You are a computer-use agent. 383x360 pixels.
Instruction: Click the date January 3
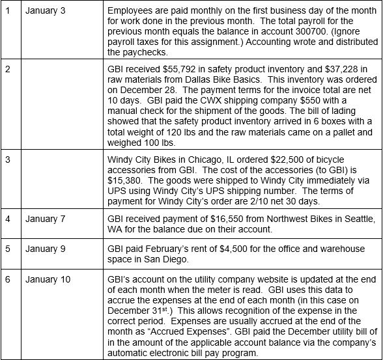point(46,12)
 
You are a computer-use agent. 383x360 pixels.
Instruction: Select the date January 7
point(46,219)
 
